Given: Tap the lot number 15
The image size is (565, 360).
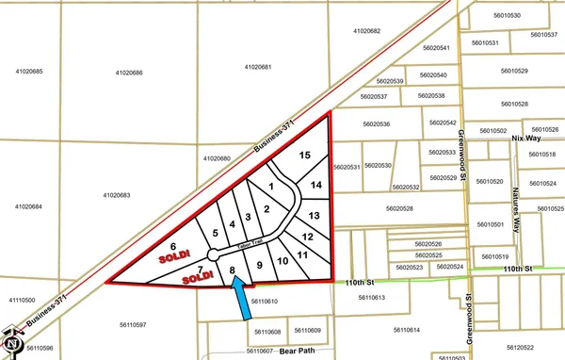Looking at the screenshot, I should point(304,155).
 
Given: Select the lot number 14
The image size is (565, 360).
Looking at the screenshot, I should point(317,185).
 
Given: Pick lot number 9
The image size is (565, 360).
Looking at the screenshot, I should point(258,266).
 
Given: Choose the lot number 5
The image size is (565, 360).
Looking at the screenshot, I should point(216,232).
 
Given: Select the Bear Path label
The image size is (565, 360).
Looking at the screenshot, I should point(302,350).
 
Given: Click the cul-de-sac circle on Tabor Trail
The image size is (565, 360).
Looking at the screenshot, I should point(214,254).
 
